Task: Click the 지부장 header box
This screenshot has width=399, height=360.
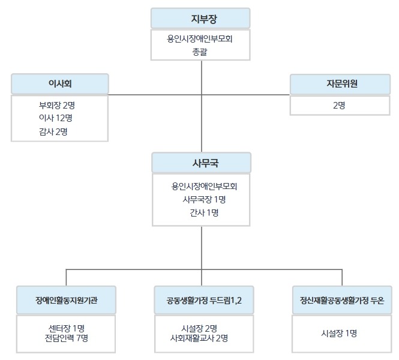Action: (200, 19)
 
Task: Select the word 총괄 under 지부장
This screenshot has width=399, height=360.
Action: (200, 52)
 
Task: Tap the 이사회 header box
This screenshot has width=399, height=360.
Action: (60, 83)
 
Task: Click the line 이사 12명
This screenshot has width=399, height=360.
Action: (57, 118)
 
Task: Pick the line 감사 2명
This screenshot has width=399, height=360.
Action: (53, 131)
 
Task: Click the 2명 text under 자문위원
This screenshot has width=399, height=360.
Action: (339, 105)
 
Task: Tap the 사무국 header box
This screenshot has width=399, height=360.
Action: (201, 162)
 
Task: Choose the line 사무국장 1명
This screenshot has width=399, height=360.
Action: (204, 199)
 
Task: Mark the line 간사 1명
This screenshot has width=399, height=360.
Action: (204, 212)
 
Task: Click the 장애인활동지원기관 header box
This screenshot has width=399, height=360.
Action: (66, 299)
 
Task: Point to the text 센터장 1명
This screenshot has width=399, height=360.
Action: (66, 328)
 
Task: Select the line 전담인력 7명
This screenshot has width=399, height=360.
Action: (66, 338)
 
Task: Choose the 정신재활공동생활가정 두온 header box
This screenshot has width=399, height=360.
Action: (342, 299)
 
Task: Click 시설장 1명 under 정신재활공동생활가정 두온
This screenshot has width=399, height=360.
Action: (339, 333)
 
